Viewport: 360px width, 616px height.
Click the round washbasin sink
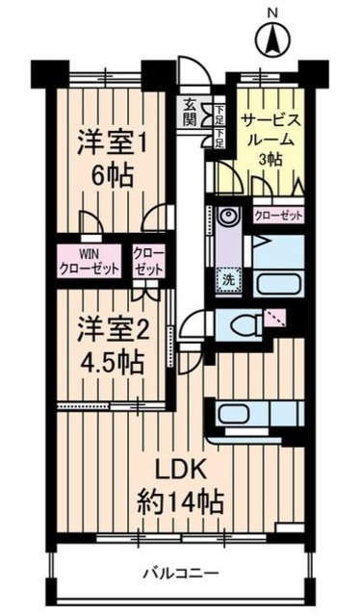pyautogui.click(x=227, y=216)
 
